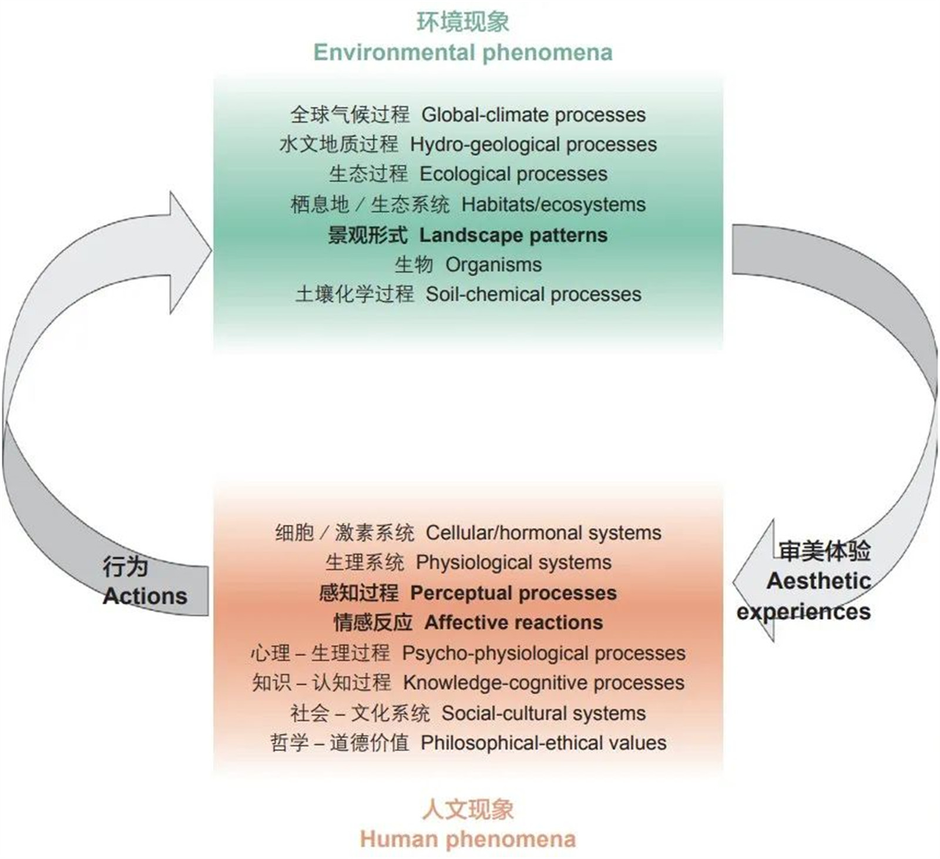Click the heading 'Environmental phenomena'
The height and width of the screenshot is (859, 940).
pos(462,52)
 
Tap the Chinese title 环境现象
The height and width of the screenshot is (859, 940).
pos(462,22)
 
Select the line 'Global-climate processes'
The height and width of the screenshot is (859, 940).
pos(533,115)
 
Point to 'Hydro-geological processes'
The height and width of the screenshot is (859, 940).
pos(533,145)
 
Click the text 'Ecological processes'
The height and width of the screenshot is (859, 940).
pos(513,174)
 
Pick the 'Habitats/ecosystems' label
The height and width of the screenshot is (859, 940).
pos(553,204)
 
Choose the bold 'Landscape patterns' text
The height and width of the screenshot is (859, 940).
pos(513,235)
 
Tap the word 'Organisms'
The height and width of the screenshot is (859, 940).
pos(493,264)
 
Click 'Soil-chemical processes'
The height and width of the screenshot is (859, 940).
pos(533,294)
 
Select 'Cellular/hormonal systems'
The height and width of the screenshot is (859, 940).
pos(543,533)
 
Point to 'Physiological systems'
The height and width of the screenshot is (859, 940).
pos(513,562)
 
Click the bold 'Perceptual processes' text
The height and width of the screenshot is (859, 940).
pos(513,593)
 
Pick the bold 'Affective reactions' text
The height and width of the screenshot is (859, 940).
pos(513,622)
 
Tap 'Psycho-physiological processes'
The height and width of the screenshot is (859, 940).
pos(543,653)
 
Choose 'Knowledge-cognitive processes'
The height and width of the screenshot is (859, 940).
pos(543,683)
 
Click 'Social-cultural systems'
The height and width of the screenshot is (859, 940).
pos(543,713)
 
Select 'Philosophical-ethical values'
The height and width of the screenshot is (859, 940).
pos(543,743)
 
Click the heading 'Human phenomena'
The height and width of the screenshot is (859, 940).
pos(467,839)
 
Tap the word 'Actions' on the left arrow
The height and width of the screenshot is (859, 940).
pos(145,596)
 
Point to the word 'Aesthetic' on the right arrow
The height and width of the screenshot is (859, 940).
pos(818,581)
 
